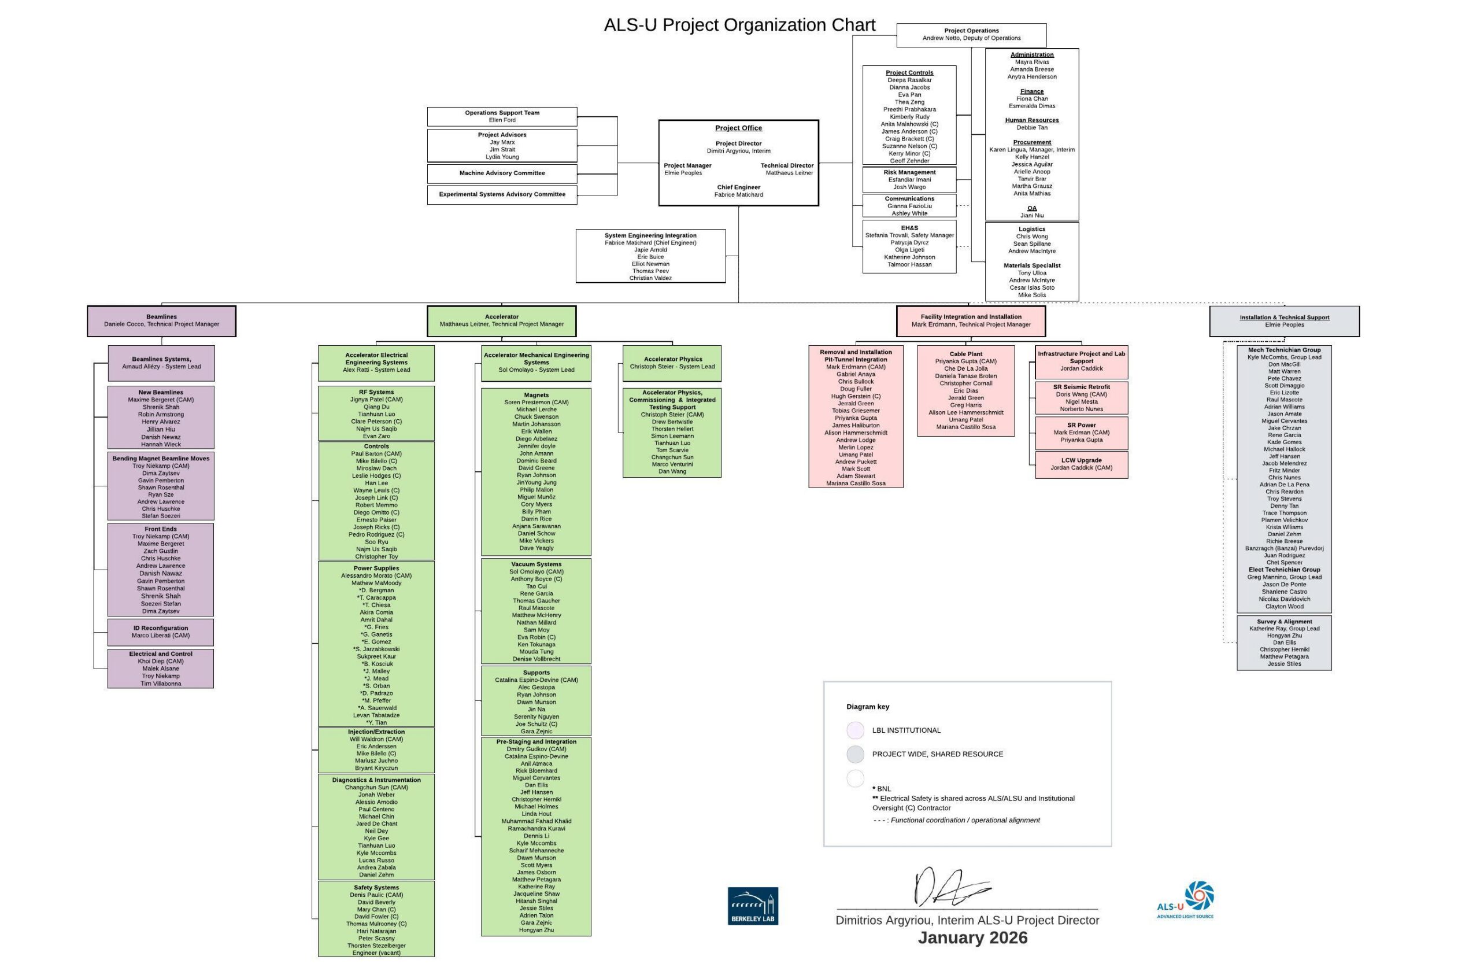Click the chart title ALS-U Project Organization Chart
pos(739,25)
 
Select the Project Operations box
pos(971,35)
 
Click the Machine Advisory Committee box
pos(502,173)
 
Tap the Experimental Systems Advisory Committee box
pos(502,195)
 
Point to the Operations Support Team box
pos(502,116)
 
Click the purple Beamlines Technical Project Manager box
pos(162,321)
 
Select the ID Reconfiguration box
pos(161,632)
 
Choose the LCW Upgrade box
pos(1082,464)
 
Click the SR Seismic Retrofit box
pos(1082,398)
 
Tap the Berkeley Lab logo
pos(753,906)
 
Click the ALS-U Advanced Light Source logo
pos(1186,899)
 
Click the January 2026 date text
pos(972,938)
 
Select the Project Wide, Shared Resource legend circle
pos(855,754)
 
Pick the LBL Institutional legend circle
pos(855,730)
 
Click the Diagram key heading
pos(868,707)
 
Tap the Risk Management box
pos(909,180)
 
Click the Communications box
pos(909,206)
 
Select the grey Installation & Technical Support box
pos(1284,321)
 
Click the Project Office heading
pos(738,128)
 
